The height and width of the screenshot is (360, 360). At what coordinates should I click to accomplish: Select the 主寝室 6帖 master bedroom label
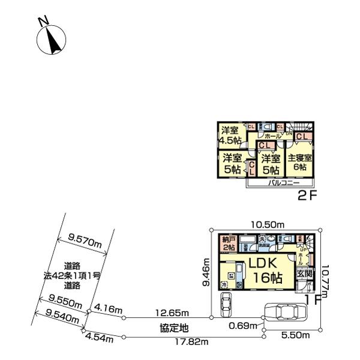pos(299,163)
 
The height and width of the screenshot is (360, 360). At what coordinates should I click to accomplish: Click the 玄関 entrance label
pos(304,274)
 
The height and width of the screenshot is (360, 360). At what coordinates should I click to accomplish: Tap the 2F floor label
pos(306,196)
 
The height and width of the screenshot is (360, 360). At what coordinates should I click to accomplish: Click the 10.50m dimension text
pos(265,224)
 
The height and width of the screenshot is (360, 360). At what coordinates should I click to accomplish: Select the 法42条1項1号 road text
pos(73,275)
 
